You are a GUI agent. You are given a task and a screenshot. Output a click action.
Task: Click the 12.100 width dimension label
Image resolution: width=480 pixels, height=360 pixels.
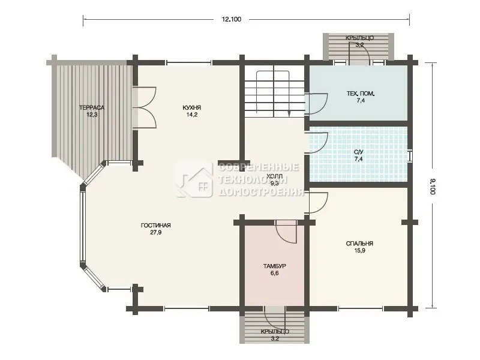click(x=232, y=19)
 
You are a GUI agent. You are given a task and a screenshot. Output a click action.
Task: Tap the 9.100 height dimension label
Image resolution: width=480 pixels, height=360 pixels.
click(x=432, y=187)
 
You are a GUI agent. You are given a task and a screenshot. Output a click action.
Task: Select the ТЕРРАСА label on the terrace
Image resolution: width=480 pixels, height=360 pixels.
click(x=92, y=108)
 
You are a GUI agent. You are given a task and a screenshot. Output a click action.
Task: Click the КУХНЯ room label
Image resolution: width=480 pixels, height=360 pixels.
click(x=191, y=108)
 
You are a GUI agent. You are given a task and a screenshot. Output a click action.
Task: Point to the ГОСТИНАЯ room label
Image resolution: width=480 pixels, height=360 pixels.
click(x=155, y=226)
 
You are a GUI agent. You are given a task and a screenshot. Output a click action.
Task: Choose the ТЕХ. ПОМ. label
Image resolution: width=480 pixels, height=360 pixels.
click(x=361, y=94)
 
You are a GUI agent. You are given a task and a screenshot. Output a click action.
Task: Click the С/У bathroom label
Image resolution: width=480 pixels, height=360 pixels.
click(x=358, y=152)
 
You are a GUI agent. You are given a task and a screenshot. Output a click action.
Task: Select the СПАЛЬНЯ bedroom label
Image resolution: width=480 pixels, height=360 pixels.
click(x=359, y=244)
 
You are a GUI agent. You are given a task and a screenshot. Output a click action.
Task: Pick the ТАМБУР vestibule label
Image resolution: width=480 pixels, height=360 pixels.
click(x=275, y=266)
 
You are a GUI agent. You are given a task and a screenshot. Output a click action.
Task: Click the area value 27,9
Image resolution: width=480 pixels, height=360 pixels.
click(x=155, y=233)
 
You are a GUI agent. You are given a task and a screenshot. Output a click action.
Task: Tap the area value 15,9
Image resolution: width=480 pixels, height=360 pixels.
click(x=359, y=251)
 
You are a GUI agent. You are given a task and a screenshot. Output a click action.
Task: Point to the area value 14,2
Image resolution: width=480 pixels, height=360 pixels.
click(x=191, y=115)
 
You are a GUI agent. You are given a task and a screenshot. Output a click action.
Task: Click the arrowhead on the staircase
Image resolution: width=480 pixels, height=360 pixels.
click(x=289, y=114)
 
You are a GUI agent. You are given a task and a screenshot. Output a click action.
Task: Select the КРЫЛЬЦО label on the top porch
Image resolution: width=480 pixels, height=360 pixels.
click(x=359, y=38)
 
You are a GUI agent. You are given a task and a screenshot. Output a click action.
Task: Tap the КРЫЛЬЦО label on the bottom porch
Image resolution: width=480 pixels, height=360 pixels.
click(x=275, y=332)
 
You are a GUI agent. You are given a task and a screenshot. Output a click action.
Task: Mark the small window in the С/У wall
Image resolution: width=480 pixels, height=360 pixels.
click(x=410, y=156)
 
